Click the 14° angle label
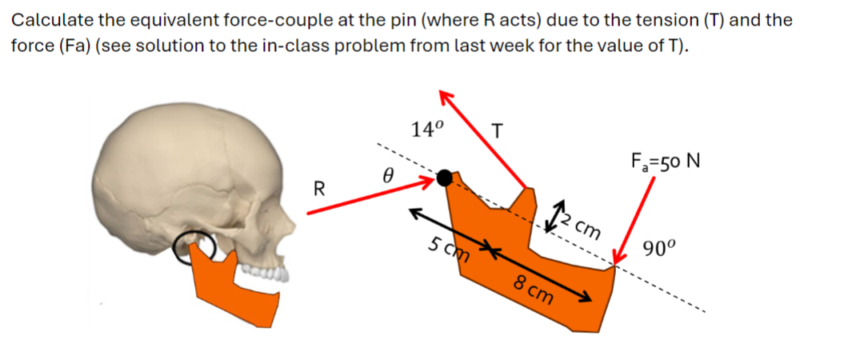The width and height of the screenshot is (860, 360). (429, 129)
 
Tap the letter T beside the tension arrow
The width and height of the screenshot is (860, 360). (498, 129)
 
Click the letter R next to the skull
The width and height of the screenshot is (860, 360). (318, 190)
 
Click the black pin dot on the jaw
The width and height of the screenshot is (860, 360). (446, 178)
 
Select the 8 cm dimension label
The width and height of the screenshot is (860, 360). (534, 289)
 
